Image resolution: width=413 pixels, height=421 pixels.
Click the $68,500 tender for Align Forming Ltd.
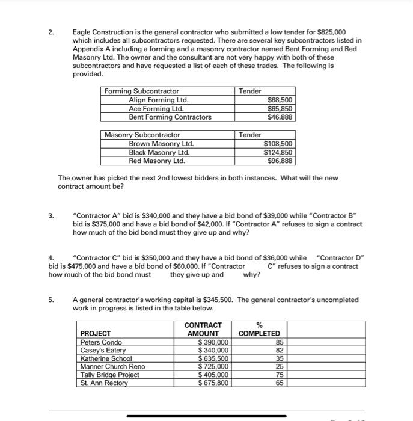(x=280, y=100)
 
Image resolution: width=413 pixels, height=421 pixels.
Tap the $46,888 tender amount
(x=280, y=117)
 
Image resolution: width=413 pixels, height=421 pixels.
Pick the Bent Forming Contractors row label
(x=170, y=117)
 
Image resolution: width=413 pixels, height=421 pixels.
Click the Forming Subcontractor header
(x=142, y=91)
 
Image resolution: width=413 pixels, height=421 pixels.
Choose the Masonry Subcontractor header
(x=142, y=135)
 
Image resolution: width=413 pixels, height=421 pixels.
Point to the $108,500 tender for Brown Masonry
(x=278, y=144)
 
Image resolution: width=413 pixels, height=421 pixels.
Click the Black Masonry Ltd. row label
(x=155, y=152)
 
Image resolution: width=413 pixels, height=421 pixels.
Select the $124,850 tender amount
(x=278, y=152)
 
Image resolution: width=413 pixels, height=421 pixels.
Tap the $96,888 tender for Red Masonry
(x=280, y=161)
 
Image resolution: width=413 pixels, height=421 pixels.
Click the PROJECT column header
(x=96, y=333)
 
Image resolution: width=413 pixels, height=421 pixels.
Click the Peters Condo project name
(x=101, y=342)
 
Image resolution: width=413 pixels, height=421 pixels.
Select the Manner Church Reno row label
(x=112, y=366)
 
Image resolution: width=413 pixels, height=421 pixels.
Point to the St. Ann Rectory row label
(x=104, y=383)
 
